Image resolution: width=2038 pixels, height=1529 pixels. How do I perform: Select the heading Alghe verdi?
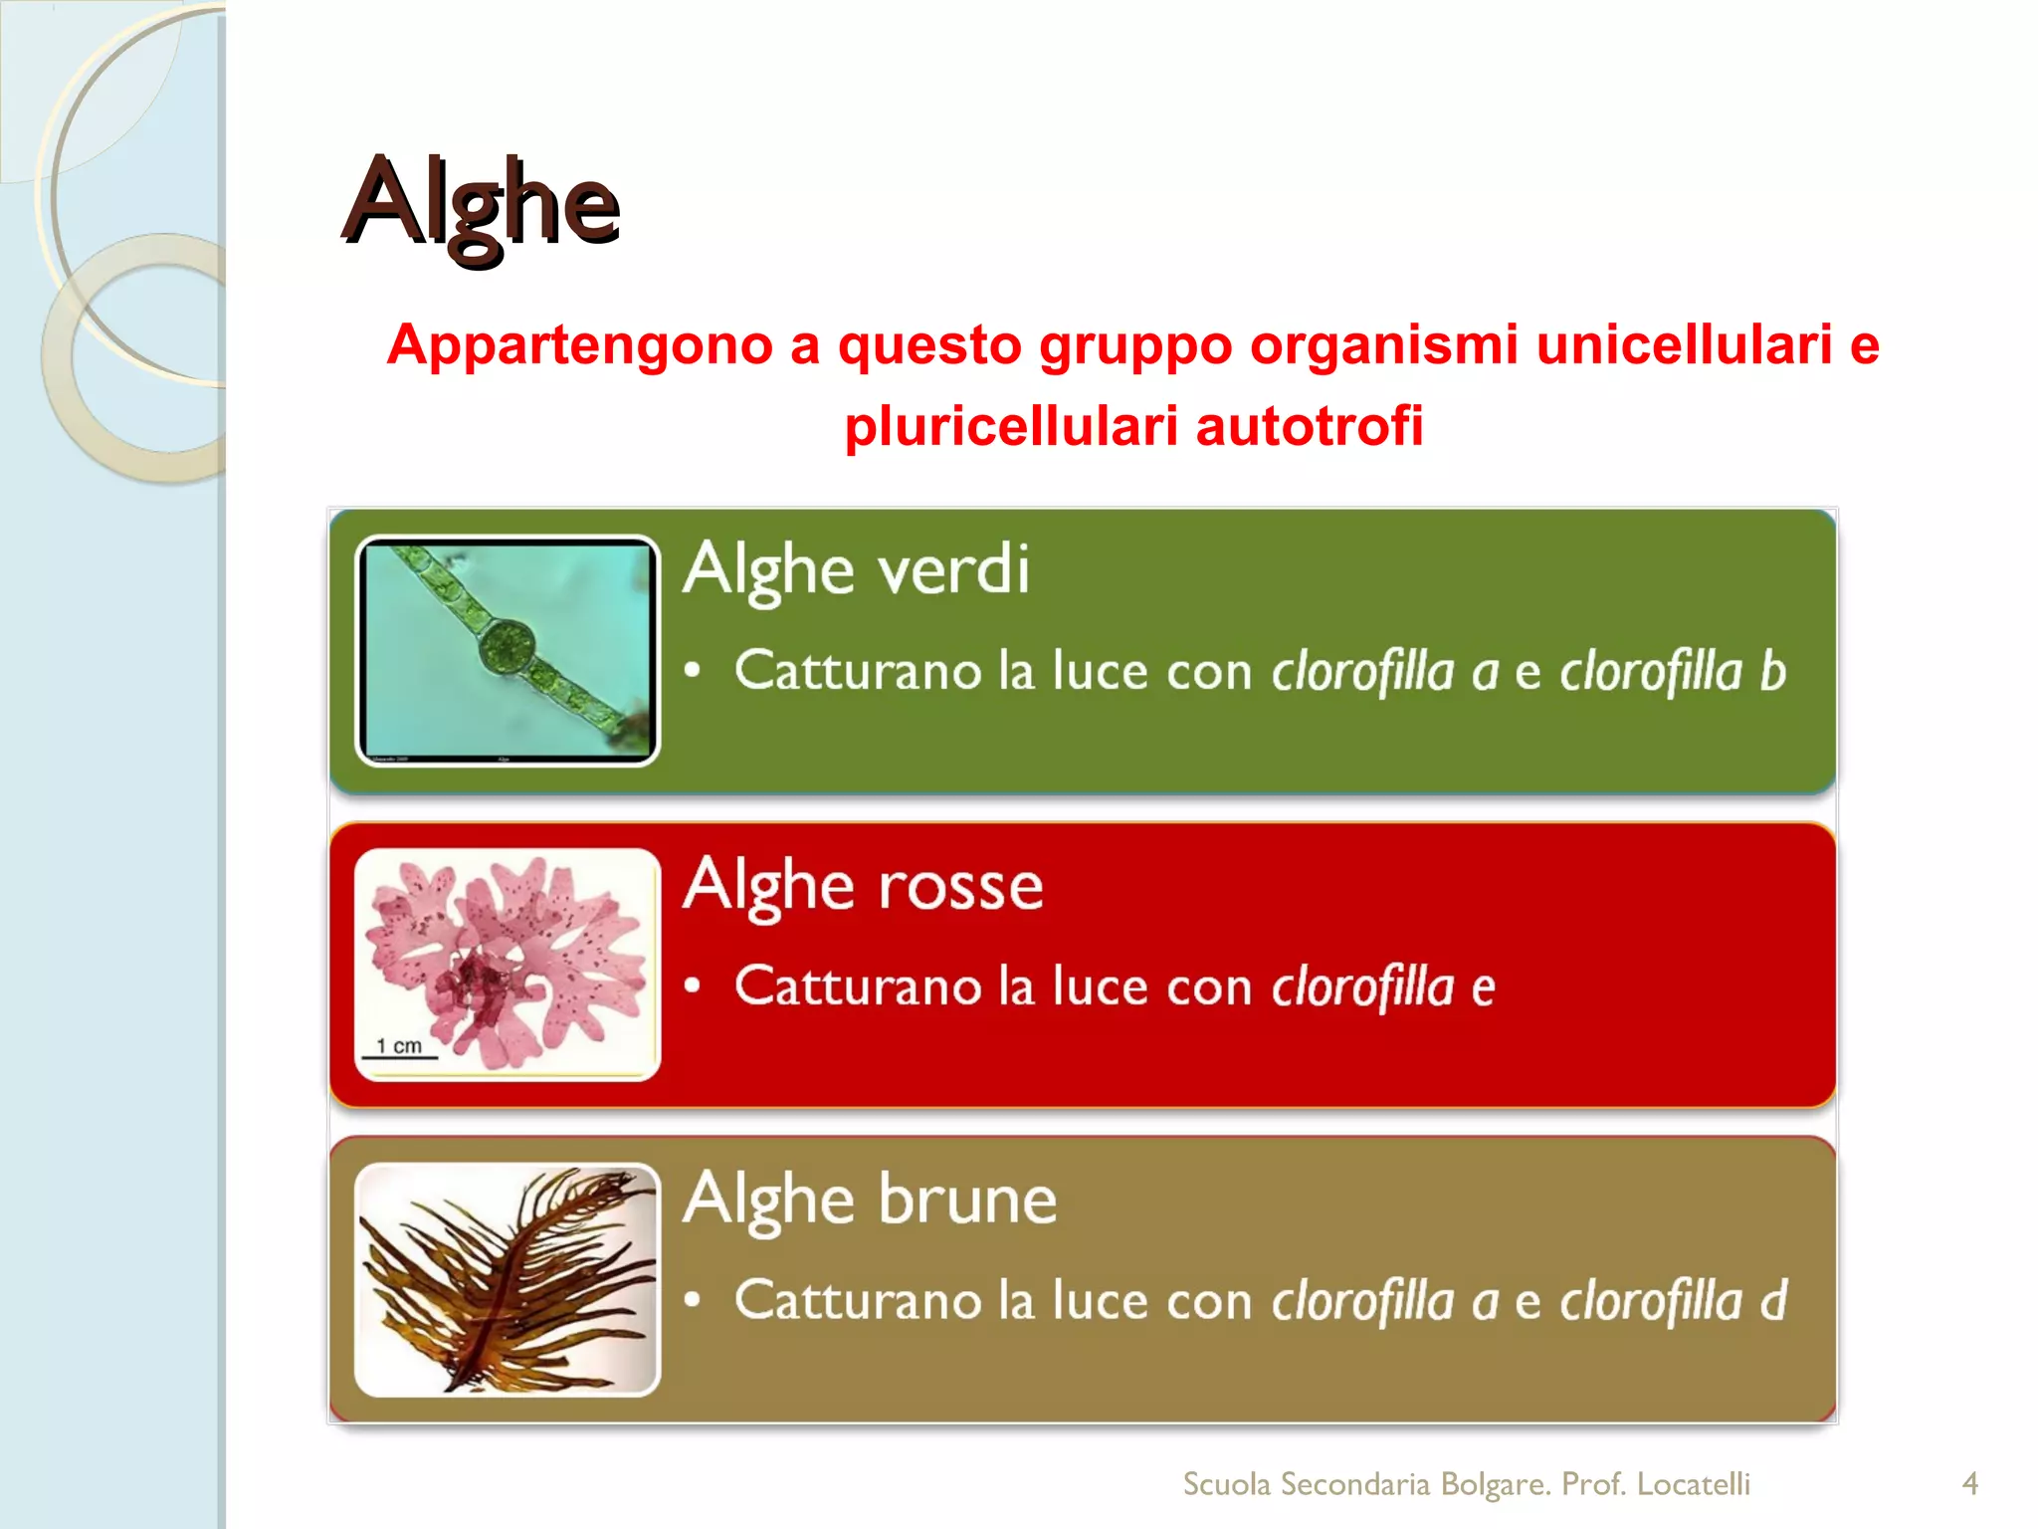tap(857, 570)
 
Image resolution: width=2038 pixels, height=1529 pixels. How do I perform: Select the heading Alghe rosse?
tap(863, 885)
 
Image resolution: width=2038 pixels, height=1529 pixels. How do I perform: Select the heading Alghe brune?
tap(870, 1200)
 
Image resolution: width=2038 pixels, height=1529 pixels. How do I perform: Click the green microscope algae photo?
tap(508, 651)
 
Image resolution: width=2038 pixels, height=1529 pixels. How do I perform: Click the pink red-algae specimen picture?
tap(508, 964)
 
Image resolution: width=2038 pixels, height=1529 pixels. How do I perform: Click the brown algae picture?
tap(508, 1280)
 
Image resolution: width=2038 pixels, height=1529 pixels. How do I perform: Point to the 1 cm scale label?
tap(399, 1046)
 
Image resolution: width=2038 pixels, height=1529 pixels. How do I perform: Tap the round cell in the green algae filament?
tap(508, 647)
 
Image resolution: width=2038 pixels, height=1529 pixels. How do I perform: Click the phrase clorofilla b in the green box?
tap(1672, 671)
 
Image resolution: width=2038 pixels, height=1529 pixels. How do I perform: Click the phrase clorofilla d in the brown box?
tap(1672, 1300)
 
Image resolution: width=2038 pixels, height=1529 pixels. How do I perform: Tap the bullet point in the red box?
tap(694, 986)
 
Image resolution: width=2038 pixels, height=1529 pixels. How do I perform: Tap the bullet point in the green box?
tap(694, 671)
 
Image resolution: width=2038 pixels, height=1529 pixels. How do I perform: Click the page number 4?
tap(1969, 1484)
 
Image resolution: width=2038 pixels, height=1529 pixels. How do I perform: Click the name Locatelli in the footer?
tap(1693, 1484)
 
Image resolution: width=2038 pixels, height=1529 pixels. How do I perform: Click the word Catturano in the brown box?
tap(858, 1300)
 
